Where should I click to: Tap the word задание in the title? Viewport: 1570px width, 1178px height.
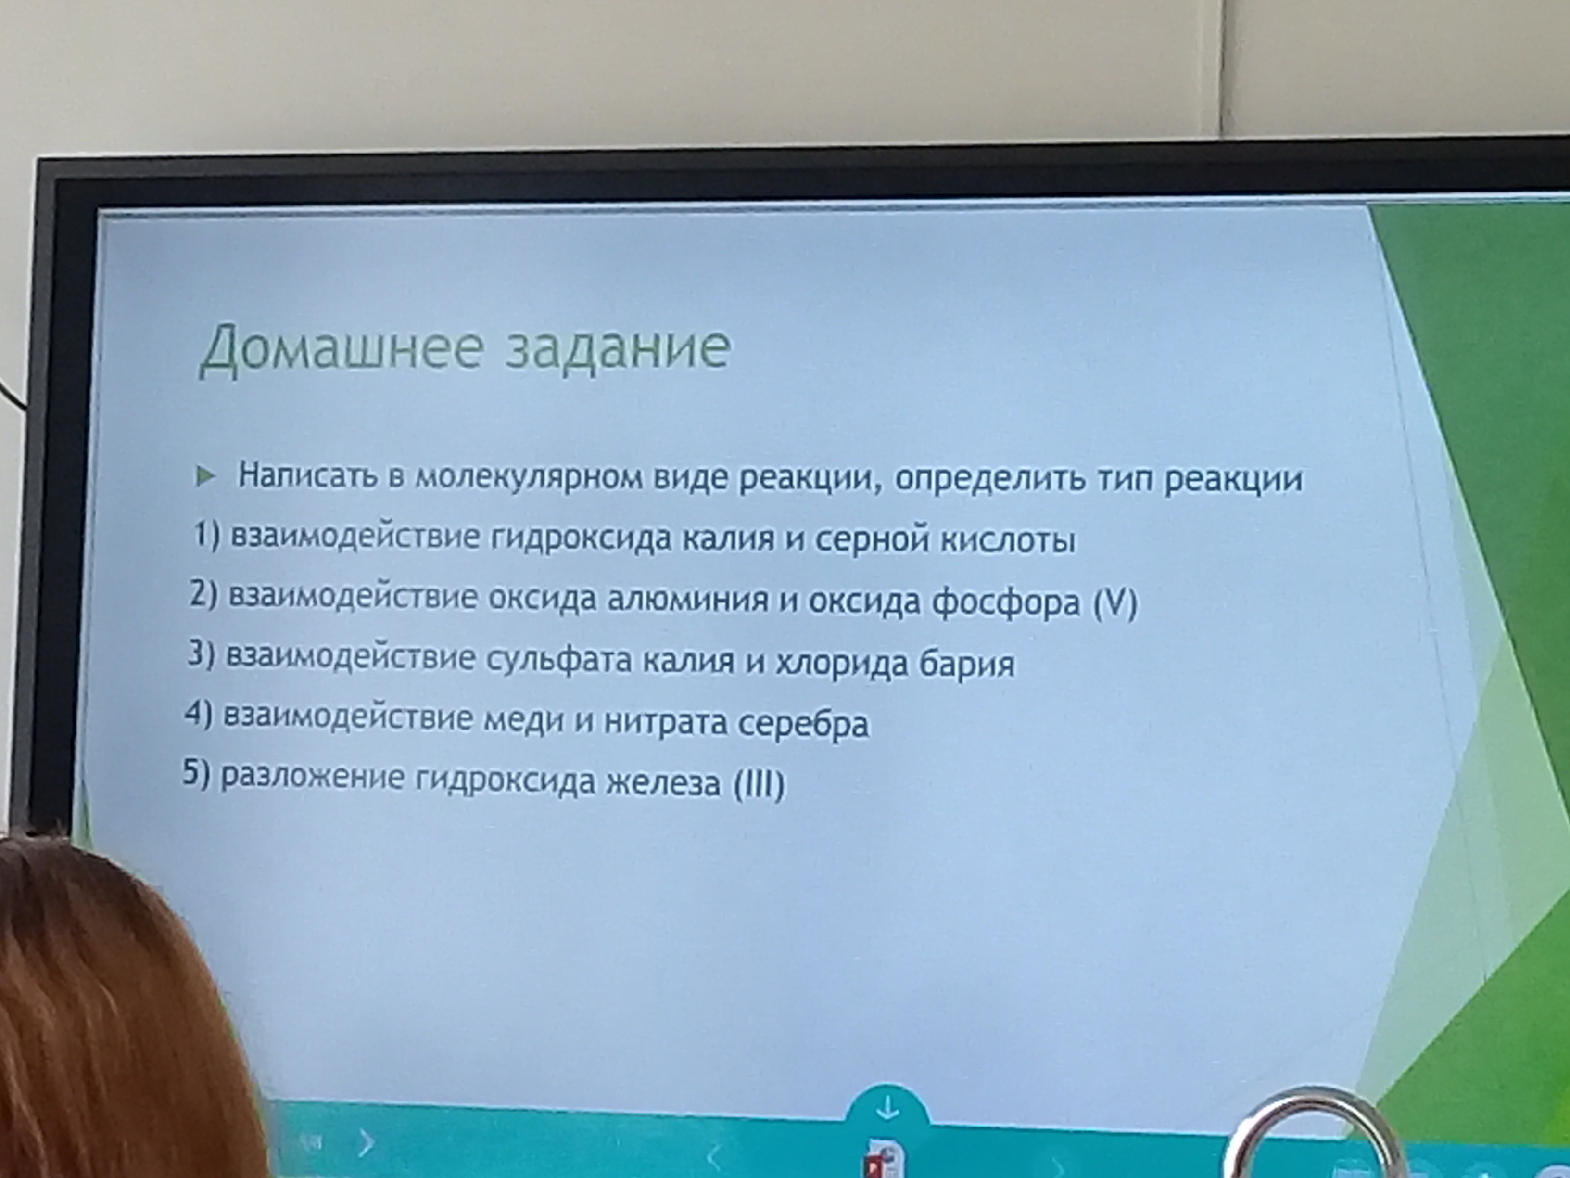click(x=617, y=348)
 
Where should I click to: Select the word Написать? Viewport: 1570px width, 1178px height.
click(x=307, y=474)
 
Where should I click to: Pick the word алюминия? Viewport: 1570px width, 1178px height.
click(x=687, y=600)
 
